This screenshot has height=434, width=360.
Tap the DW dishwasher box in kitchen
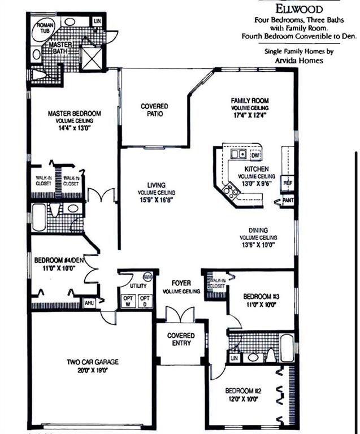click(x=255, y=155)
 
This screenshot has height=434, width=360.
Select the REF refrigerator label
click(x=288, y=183)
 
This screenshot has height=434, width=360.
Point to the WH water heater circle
click(x=148, y=276)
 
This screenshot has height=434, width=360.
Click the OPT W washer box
click(x=128, y=301)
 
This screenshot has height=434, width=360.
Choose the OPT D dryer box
click(x=145, y=301)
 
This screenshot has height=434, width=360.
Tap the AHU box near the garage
click(x=89, y=303)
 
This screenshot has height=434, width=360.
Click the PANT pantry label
click(x=288, y=200)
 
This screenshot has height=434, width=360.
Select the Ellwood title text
click(x=299, y=9)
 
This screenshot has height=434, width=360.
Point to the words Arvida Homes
click(x=299, y=60)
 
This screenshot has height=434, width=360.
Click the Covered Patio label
click(x=154, y=110)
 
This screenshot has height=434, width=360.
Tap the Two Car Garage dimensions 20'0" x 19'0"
click(x=93, y=370)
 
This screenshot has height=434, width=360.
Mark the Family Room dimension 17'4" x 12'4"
click(x=250, y=115)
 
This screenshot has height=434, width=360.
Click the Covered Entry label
click(x=181, y=339)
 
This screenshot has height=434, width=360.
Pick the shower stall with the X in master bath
click(x=93, y=58)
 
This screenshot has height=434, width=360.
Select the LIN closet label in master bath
click(x=97, y=21)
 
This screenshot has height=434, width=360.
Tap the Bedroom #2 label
click(x=243, y=391)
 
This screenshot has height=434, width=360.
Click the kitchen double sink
click(x=238, y=154)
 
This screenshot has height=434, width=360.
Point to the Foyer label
click(x=181, y=283)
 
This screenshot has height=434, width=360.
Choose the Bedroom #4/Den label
click(x=59, y=260)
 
